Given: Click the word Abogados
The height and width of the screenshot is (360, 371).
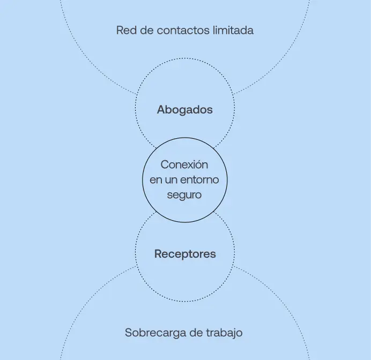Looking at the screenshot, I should tap(185, 110).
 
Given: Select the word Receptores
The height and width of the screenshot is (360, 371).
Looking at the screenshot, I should tap(185, 254).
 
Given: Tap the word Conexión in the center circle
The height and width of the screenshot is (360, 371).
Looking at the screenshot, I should tap(184, 165).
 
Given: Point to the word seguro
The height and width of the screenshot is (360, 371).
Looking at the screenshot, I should tap(184, 195).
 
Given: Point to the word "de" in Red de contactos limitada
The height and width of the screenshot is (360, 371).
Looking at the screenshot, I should tap(145, 31).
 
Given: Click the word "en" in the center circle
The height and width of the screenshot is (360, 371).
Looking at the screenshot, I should tap(156, 180).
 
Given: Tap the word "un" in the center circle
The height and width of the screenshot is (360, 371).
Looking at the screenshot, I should tap(172, 180).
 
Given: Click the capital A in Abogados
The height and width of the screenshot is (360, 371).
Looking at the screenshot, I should tap(161, 110).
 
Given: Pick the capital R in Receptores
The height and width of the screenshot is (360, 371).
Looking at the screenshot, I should tap(158, 254).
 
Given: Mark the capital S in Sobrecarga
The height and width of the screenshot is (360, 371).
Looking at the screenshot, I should tap(129, 333).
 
